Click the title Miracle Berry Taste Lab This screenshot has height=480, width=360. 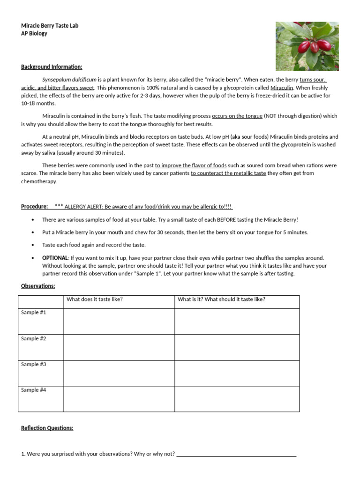50,26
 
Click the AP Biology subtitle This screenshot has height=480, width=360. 34,34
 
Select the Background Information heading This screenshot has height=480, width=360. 52,67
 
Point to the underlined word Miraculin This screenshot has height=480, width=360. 282,88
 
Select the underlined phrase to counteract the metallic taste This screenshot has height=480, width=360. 228,173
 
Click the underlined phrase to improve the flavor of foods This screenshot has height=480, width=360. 191,165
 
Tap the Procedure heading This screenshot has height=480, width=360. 34,207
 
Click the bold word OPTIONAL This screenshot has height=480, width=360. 55,258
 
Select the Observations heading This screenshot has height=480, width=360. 38,286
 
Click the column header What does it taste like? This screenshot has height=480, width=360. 95,300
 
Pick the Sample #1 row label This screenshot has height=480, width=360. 34,313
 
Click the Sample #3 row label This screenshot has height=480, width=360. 34,364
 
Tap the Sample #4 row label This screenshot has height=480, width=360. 34,390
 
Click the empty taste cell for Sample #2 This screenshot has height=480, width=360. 119,347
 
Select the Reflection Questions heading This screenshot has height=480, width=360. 47,428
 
